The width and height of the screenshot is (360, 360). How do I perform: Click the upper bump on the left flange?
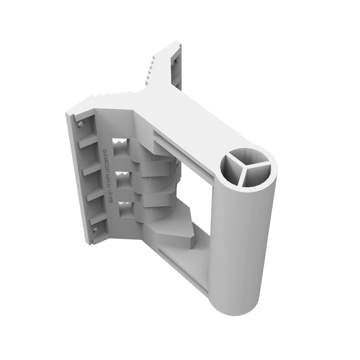[80, 124]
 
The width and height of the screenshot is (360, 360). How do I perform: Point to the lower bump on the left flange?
[95, 230]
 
